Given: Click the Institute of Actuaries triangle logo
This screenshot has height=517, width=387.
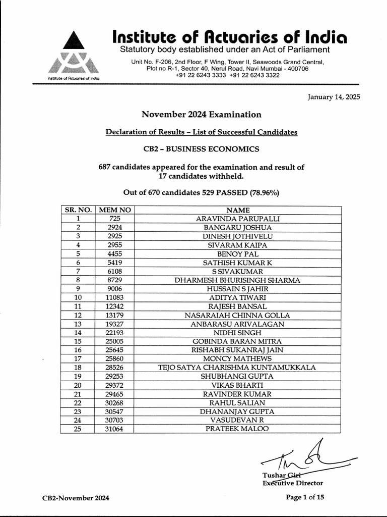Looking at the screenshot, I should [x=74, y=55].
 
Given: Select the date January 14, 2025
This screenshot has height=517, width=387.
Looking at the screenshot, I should [x=334, y=97].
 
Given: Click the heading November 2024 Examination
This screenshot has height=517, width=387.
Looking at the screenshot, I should [x=201, y=115].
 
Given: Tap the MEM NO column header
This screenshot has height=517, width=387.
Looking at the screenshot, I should [x=114, y=210].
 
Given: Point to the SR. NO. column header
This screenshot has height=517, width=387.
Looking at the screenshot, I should [x=77, y=210].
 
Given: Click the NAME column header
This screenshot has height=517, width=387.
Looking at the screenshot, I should [x=238, y=210].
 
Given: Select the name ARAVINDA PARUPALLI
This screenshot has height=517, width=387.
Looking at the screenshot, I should [x=238, y=219].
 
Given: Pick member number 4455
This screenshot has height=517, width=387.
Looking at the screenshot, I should [x=114, y=253].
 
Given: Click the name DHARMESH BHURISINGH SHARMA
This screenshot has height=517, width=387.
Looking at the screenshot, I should [x=238, y=280].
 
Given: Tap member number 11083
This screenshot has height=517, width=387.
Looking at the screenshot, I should [x=114, y=297].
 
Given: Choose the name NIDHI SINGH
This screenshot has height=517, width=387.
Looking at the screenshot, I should [x=238, y=333].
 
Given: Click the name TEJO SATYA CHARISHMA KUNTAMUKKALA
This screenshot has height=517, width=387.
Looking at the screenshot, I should [x=238, y=368].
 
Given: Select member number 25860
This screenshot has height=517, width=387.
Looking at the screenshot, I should [x=114, y=359].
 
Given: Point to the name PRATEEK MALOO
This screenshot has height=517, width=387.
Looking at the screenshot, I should [x=238, y=429].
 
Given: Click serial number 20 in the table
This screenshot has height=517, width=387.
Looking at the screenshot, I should [x=77, y=385].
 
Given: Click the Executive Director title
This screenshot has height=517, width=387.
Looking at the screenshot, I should [x=292, y=483].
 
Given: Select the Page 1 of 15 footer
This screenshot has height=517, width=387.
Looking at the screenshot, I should [x=305, y=497].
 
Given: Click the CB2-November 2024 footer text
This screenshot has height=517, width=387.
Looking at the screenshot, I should [x=76, y=498].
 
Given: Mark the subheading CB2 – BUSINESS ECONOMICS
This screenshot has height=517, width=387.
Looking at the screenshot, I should [x=201, y=149].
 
